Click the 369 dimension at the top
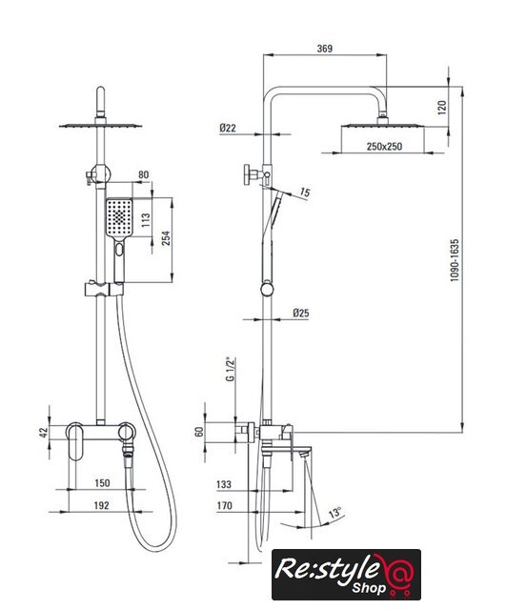pos(325,49)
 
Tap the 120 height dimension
pos(442,108)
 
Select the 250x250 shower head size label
pos(384,147)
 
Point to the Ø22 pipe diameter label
pos(228,128)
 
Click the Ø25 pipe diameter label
pos(301,313)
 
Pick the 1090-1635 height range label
pos(455,260)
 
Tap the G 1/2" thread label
pos(231,369)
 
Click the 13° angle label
pos(335,513)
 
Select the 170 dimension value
pos(225,505)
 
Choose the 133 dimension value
pos(224,484)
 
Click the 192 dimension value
pos(102,505)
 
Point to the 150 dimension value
pos(102,483)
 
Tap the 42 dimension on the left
pos(44,432)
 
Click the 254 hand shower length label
pos(166,238)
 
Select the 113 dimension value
pos(146,220)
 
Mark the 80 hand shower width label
pos(144,174)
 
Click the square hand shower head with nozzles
pos(119,217)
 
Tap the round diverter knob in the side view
pos(248,174)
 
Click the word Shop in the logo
pos(369,588)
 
